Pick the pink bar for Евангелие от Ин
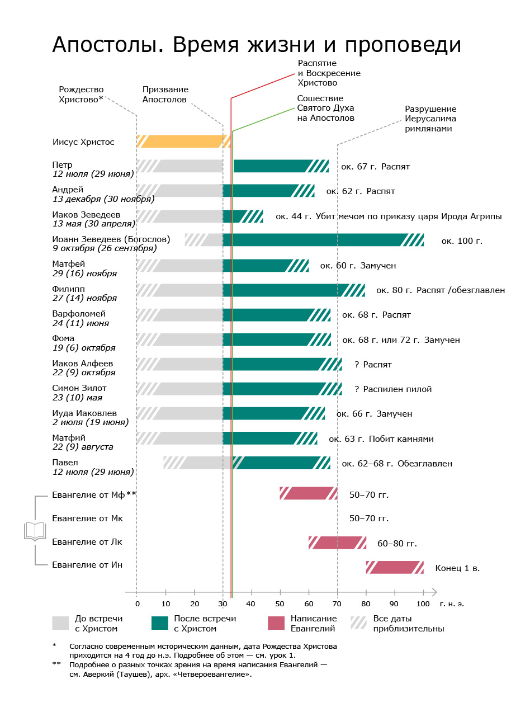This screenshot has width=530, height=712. [394, 567]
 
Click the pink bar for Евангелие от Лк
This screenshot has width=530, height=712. [337, 543]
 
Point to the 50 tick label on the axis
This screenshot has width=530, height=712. [280, 603]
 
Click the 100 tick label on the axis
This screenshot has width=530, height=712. [423, 603]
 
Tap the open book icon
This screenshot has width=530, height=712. [35, 531]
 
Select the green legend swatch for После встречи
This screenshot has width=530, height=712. [160, 624]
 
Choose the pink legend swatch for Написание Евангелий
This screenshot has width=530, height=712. [276, 624]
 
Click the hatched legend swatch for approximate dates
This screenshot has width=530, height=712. [358, 624]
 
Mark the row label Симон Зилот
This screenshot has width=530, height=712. [79, 388]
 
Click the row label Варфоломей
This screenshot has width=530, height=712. [78, 314]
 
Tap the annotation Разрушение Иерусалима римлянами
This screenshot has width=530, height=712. [430, 119]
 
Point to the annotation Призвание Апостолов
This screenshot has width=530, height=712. [165, 95]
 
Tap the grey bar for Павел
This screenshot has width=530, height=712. [198, 463]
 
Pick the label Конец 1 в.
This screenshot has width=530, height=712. [457, 568]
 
